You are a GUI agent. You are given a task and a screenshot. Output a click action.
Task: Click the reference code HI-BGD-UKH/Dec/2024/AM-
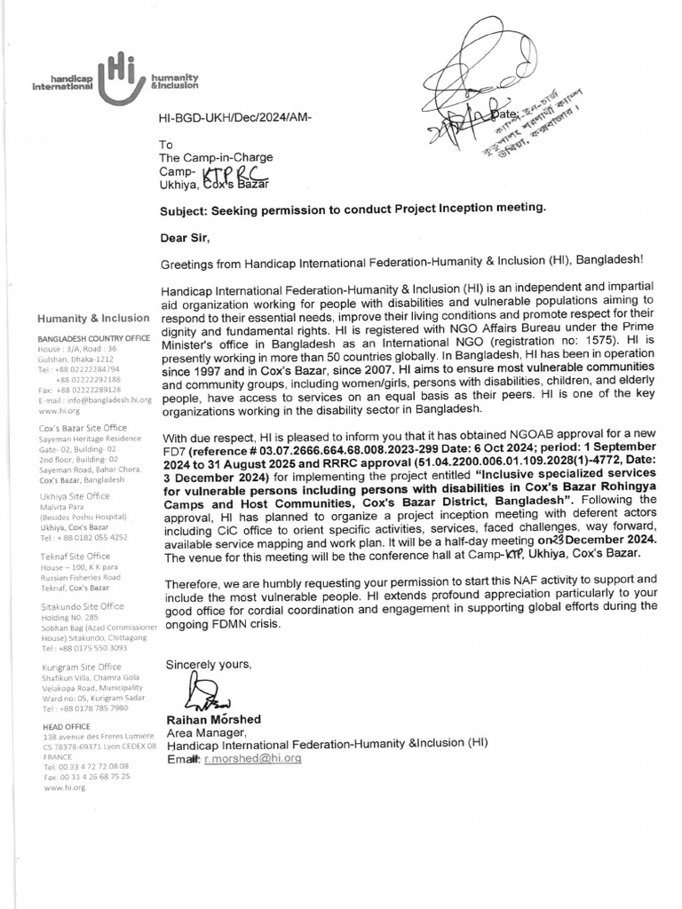234,117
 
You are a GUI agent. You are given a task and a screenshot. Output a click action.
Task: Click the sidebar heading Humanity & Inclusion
93,318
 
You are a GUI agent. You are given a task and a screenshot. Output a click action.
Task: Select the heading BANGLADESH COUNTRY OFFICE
93,339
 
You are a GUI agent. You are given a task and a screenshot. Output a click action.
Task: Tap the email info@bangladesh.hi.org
103,400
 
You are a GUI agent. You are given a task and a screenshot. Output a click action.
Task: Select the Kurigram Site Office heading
82,667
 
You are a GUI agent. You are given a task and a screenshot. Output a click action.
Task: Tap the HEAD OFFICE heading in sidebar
65,726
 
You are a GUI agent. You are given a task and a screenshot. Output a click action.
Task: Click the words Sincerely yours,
210,664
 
